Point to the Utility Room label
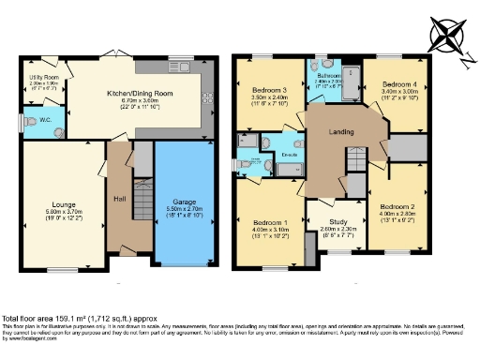click(x=45, y=81)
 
